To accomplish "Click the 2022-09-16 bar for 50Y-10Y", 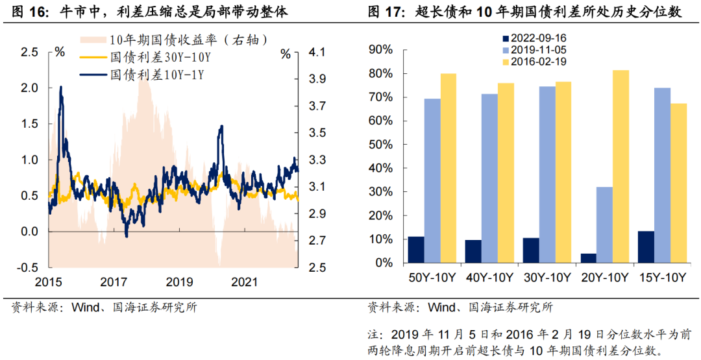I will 416,250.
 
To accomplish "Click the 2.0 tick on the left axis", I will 31,88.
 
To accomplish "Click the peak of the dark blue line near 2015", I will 60,87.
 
